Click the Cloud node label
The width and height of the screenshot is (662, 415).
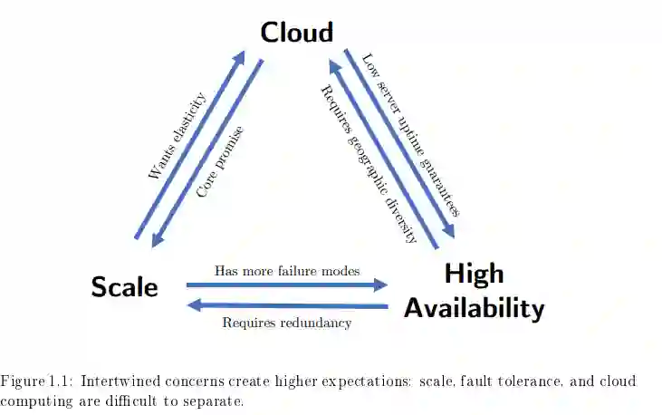tap(296, 32)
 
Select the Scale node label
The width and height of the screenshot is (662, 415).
tap(125, 287)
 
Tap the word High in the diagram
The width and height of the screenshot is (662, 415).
tap(474, 274)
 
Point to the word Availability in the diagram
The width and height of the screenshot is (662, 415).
tap(474, 309)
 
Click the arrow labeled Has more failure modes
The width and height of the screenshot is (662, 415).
tap(286, 285)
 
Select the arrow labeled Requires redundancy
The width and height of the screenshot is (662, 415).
tap(286, 306)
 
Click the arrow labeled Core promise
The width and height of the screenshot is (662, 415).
tap(208, 154)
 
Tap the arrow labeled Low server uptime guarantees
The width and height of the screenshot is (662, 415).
tap(398, 140)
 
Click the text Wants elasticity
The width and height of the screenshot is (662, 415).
tap(177, 135)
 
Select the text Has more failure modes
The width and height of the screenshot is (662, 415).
tap(286, 270)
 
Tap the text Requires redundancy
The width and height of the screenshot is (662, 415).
tap(286, 323)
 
